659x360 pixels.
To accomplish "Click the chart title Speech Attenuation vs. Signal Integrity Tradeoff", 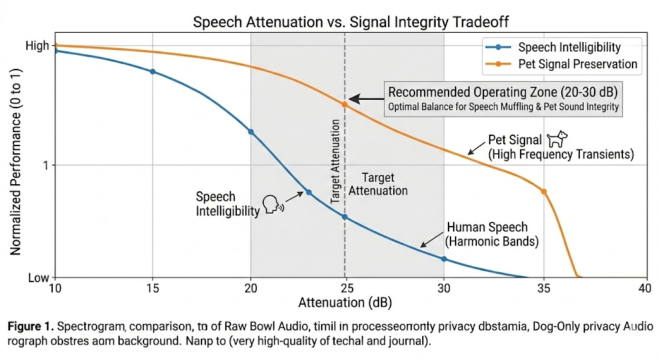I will point(351,23).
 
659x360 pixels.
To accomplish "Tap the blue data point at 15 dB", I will point(153,71).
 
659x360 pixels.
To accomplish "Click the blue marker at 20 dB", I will point(251,131).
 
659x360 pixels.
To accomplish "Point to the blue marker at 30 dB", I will point(444,259).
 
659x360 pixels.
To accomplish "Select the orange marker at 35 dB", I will point(544,191).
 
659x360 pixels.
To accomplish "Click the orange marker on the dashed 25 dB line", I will point(345,104).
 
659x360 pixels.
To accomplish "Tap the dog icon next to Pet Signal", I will point(557,139).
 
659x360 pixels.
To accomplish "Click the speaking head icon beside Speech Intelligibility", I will point(274,205).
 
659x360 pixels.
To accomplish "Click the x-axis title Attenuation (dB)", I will point(345,302).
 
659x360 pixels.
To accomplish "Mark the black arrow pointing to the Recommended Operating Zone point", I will point(366,100).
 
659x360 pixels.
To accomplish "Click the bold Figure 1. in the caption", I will point(32,327).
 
